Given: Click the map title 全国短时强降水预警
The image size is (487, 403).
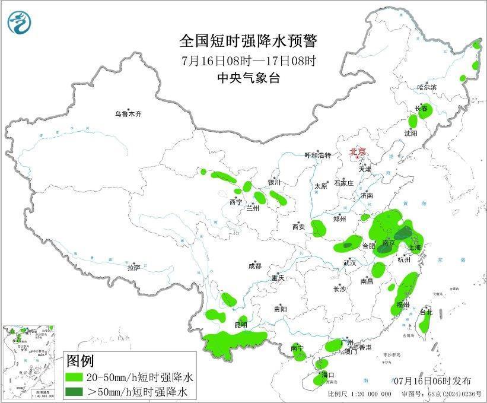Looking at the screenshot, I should click(x=249, y=41).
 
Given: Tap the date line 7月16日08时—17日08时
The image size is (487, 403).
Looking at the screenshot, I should click(x=249, y=61).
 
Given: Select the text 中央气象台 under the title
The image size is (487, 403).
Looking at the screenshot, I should click(x=249, y=78).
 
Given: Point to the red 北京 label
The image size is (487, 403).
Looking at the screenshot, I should click(x=358, y=151).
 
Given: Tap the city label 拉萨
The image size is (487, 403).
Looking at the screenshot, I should click(x=133, y=267).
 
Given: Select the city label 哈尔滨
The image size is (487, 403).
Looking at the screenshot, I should click(x=426, y=87).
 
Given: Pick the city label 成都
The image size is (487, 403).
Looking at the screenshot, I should click(x=255, y=266).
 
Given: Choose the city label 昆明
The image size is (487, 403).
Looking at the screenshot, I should click(x=241, y=325).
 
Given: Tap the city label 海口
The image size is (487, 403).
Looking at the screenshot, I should click(x=327, y=375).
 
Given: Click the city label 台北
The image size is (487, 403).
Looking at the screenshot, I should click(x=426, y=312).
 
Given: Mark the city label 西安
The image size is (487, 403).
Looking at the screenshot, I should click(x=298, y=226).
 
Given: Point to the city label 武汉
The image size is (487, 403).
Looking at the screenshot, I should click(x=349, y=262).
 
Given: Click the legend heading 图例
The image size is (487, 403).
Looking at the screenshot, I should click(x=80, y=360).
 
